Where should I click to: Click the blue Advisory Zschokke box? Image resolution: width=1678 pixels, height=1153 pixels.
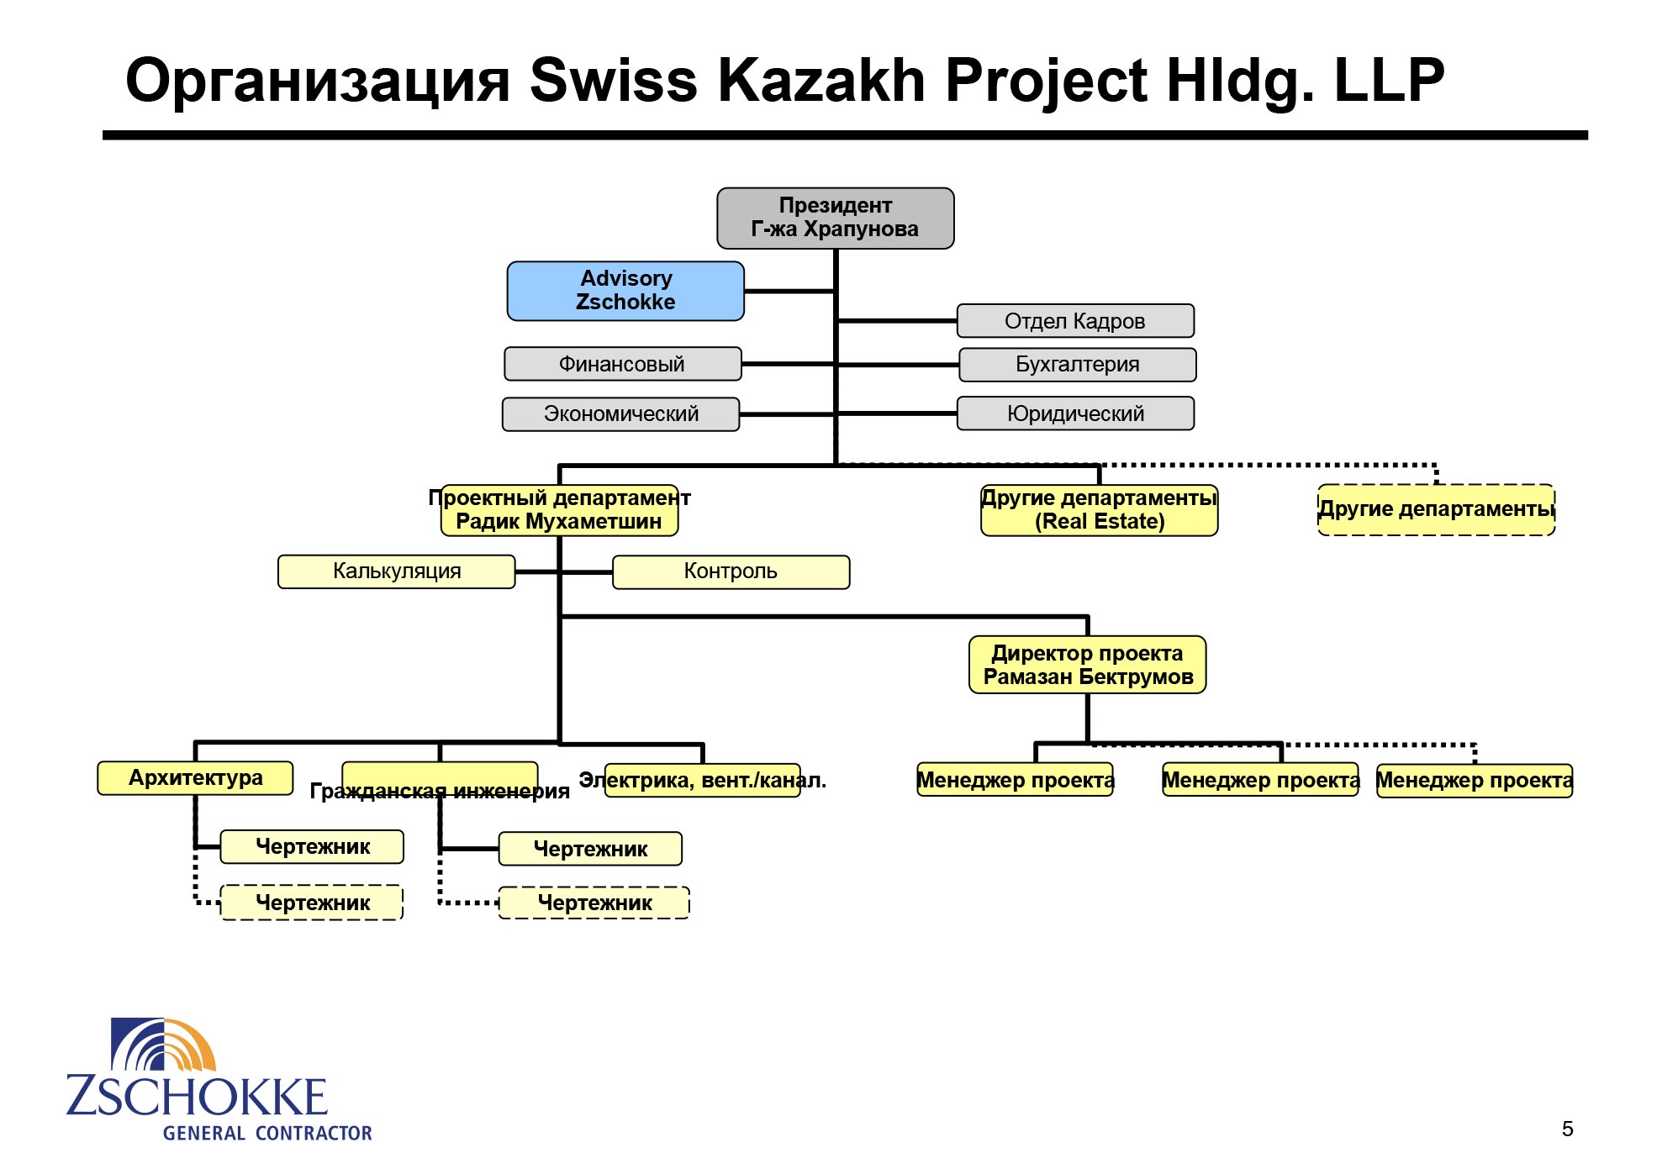pos(625,291)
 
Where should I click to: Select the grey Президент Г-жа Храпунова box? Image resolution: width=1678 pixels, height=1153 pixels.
pos(835,218)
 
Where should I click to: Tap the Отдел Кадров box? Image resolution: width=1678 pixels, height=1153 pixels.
pos(1075,321)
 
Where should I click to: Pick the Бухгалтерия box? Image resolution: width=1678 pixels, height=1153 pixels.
pos(1078,365)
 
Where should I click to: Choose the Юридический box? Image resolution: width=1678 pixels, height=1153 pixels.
pos(1075,413)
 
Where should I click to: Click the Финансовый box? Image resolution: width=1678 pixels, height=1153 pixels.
pos(623,364)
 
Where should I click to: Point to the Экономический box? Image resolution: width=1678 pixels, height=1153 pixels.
pos(621,414)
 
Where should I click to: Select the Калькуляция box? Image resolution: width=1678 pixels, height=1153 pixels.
pos(397,571)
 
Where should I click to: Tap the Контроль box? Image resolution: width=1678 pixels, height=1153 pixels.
pos(731,572)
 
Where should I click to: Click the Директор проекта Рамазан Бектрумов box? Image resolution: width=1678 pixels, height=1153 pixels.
pos(1088,665)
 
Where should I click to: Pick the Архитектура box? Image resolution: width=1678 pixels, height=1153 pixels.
pos(196,778)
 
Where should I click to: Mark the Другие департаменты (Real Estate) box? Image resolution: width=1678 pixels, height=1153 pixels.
pos(1100,510)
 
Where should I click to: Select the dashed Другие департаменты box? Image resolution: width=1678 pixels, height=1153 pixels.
pos(1437,509)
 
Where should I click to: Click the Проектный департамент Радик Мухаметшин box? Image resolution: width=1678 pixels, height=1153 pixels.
pos(560,510)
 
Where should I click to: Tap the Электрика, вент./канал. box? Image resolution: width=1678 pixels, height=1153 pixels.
pos(703,781)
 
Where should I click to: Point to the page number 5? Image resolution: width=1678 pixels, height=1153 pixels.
pos(1567,1129)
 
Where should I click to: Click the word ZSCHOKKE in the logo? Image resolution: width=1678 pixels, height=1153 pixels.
pos(197,1097)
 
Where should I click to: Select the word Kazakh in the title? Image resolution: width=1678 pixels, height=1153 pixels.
pos(821,81)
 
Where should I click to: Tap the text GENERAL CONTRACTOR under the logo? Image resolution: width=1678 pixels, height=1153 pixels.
pos(267,1133)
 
